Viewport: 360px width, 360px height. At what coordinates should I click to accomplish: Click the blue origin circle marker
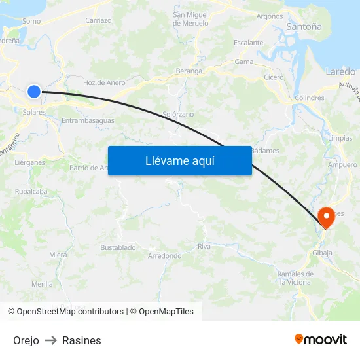34,92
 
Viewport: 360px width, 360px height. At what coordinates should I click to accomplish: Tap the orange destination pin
325,217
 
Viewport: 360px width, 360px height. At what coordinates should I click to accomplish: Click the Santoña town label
304,27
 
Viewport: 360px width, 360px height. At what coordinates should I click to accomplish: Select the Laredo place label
340,71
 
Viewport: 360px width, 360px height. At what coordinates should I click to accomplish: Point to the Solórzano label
178,114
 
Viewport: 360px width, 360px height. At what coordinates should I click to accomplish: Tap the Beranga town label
189,70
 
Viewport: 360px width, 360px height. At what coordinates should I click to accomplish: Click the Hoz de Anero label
104,82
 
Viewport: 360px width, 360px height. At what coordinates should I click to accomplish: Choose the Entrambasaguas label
88,120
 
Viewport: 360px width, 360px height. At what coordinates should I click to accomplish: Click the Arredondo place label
165,256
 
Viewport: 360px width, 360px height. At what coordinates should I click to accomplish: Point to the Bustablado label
118,247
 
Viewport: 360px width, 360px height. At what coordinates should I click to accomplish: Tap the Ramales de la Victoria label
294,278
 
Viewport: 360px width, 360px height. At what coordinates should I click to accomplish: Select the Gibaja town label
323,253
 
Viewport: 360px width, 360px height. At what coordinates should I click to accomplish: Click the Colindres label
310,98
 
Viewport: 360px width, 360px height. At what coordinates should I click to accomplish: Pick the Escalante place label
249,43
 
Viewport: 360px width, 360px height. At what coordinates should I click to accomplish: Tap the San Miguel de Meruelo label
190,19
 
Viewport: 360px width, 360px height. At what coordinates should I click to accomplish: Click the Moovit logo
321,339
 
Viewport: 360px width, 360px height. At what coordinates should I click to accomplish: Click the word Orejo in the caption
26,340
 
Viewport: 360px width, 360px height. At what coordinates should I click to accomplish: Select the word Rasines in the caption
82,340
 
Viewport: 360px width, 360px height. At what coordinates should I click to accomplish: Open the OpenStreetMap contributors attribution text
70,312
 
